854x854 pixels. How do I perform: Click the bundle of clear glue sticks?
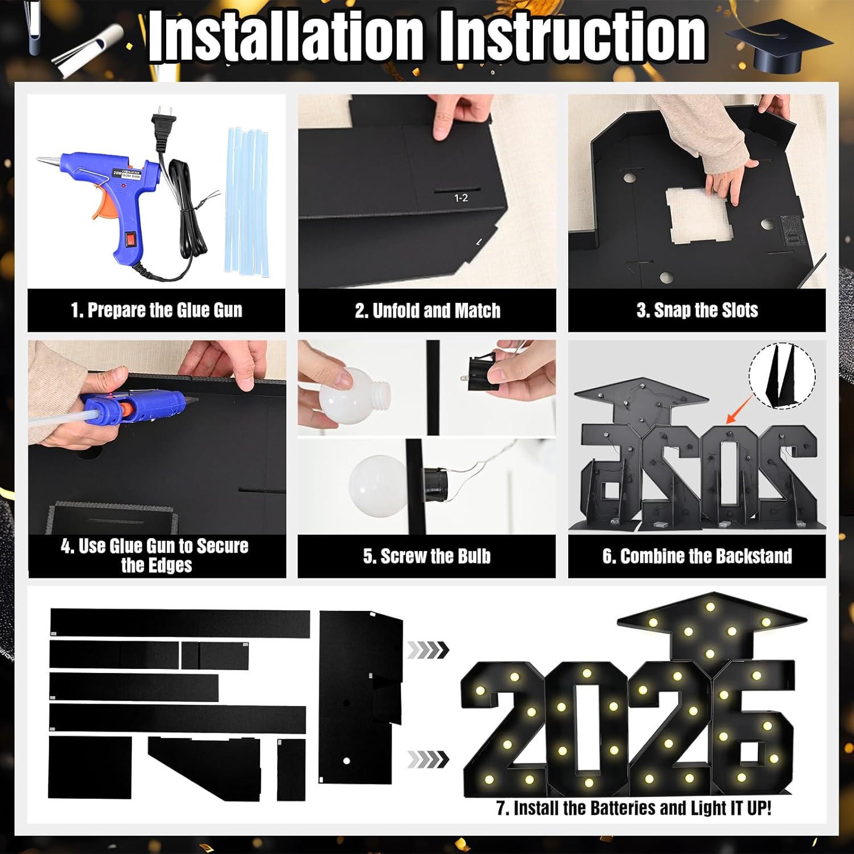247,202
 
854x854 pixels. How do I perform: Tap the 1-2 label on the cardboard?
461,198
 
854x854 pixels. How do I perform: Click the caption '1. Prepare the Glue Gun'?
157,310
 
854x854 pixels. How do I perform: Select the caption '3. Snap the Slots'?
697,310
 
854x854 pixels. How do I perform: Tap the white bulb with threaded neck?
347,395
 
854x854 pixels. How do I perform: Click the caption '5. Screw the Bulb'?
426,556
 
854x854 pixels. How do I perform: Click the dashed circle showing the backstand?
782,376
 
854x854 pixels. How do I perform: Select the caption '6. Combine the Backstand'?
697,556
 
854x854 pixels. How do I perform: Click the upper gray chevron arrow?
428,650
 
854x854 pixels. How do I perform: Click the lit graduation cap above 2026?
712,626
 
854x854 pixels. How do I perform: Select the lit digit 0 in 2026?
586,723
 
